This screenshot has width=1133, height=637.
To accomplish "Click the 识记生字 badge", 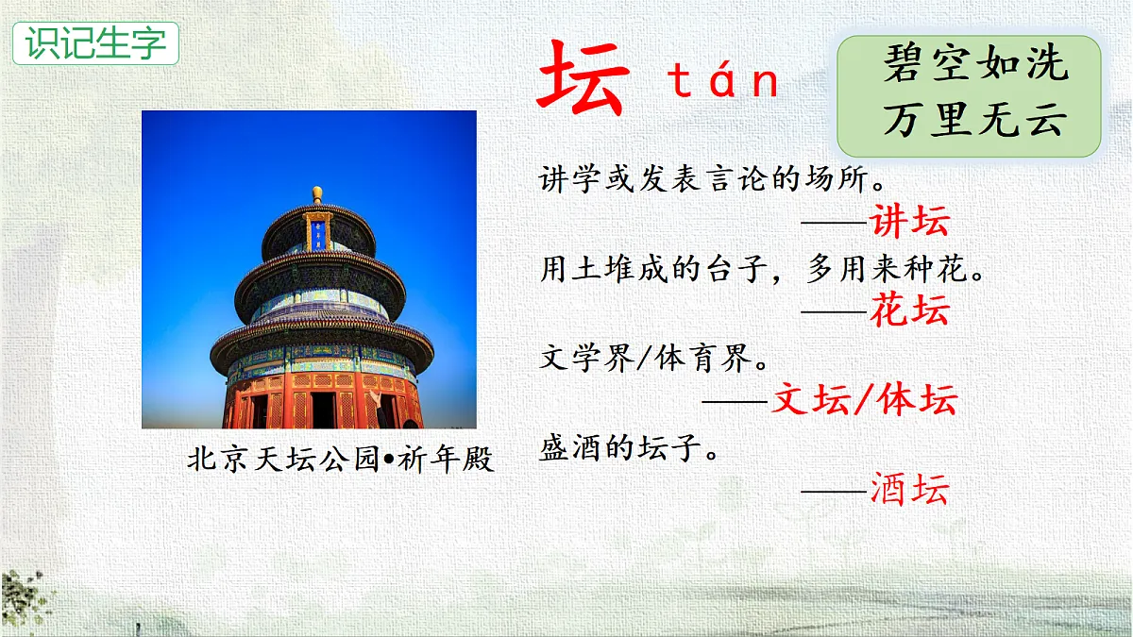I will pos(95,43).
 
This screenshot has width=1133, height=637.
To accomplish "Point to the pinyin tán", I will pos(724,81).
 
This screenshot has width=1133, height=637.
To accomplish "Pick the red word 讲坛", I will pos(909,222).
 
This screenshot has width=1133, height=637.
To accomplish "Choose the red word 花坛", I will pos(909,310).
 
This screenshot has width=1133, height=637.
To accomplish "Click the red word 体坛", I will pos(917,400).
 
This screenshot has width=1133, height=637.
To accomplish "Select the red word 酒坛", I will pos(909,489).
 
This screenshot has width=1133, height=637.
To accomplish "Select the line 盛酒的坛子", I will pos(630,447).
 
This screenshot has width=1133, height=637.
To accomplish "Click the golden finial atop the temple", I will pos(317,194).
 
